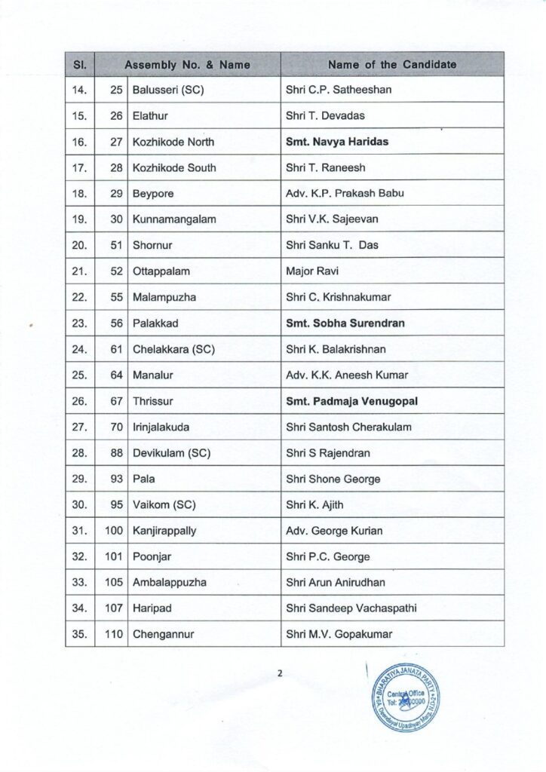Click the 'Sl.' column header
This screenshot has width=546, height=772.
coord(79,65)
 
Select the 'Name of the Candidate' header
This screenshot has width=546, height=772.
coord(392,65)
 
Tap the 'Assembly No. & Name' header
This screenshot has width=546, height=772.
coord(187,65)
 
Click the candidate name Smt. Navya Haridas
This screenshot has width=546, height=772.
coord(337,142)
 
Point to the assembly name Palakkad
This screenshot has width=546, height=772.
coord(154,323)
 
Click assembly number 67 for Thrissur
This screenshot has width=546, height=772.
coord(116,401)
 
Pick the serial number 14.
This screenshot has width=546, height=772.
coord(80,90)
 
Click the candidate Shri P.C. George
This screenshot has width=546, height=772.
coord(328,557)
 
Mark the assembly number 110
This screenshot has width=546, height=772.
coord(114,635)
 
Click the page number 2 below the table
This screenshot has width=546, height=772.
coord(279,673)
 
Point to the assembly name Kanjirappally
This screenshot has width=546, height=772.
coord(164,531)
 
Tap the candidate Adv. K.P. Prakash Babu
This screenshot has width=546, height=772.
coord(345,194)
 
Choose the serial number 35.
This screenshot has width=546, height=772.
coord(80,635)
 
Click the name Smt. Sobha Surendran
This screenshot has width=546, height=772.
coord(345,323)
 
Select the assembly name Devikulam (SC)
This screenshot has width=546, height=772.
coord(171,453)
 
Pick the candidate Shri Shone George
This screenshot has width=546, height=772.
coord(333,479)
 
